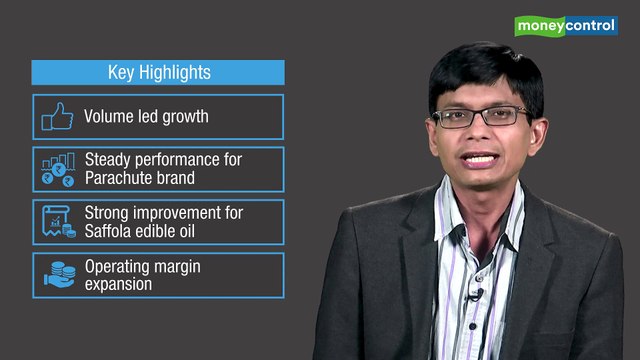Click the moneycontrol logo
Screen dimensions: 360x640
tap(565, 25)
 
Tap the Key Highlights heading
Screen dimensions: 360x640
tap(159, 73)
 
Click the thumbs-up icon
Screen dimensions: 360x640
tap(57, 117)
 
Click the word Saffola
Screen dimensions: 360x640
tap(111, 231)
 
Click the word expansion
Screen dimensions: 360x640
tap(118, 284)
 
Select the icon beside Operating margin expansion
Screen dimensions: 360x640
tap(58, 275)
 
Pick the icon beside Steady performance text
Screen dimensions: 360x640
tap(58, 169)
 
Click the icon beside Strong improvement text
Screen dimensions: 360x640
tap(58, 222)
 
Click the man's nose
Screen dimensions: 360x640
tap(481, 135)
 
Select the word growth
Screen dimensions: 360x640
tap(184, 116)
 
